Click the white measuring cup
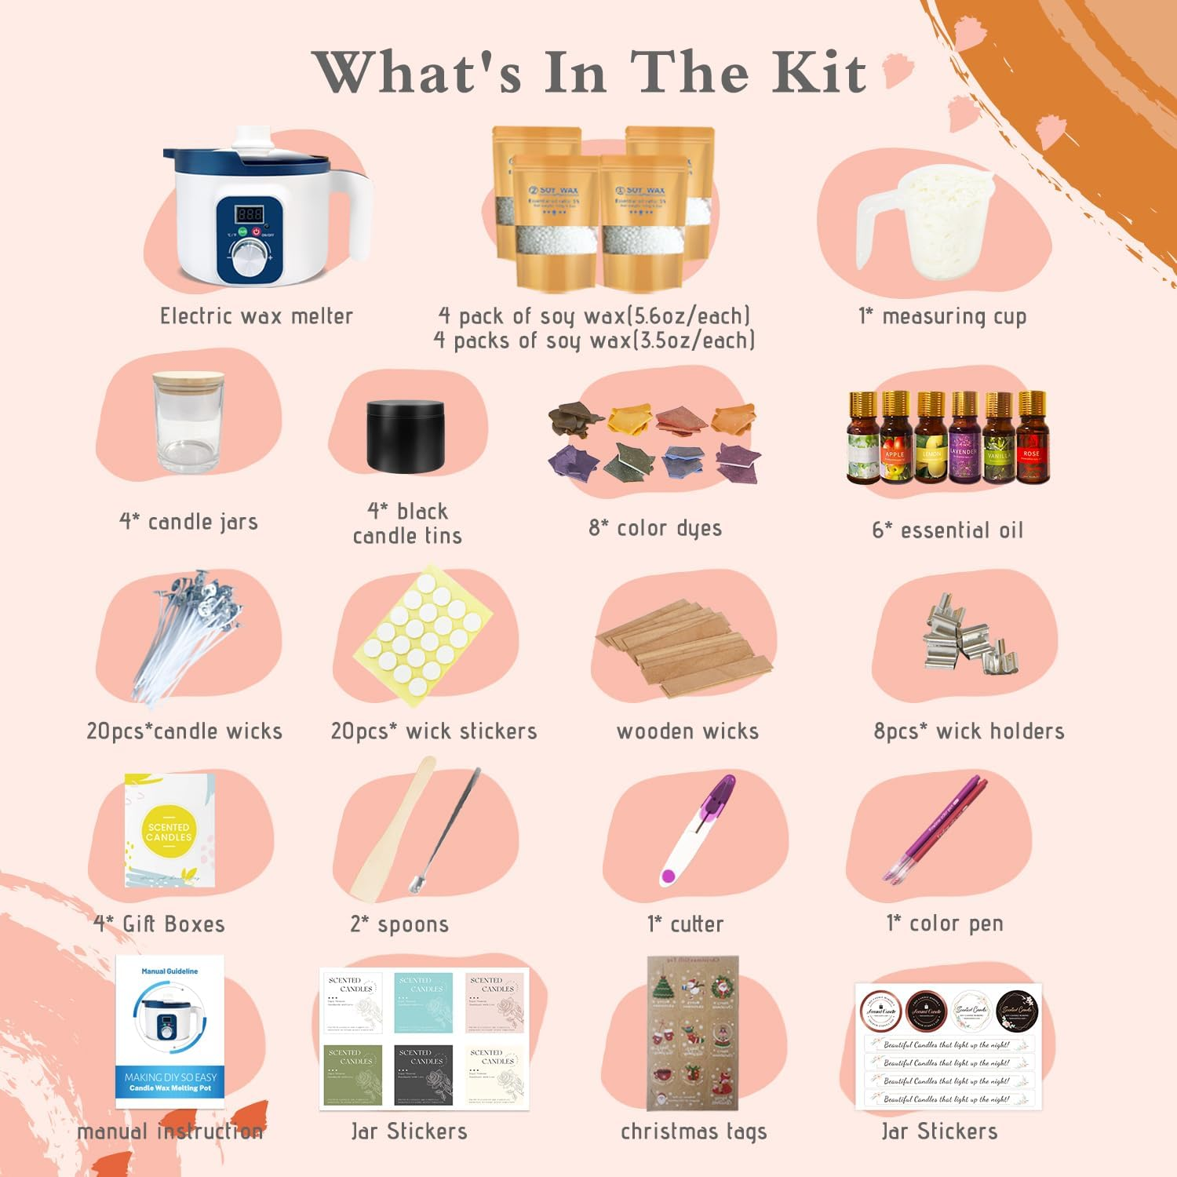pos(938,224)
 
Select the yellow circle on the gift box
pos(169,832)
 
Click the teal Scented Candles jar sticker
pos(424,1002)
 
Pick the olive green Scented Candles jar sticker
pos(353,1073)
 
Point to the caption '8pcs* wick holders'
pos(969,731)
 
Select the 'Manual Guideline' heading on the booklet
pos(169,971)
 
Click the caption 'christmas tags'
pos(694,1131)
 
